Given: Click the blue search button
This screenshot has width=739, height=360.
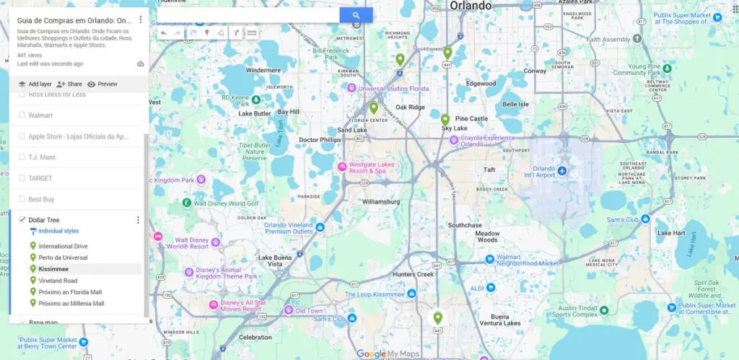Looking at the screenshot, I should click(356, 14).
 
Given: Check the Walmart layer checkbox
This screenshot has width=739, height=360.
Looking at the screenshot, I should click(22, 115).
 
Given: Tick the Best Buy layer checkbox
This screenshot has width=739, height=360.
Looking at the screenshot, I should click(22, 199).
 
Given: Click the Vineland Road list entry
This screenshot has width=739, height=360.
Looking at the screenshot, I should click(58, 281).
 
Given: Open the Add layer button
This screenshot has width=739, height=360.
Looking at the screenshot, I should click(35, 84).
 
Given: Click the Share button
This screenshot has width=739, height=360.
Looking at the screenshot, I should click(69, 84).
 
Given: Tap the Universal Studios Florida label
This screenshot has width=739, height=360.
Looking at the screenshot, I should click(393, 89).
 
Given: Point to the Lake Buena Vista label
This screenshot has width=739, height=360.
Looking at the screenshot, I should click(276, 261).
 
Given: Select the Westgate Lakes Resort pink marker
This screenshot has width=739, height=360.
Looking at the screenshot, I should click(342, 167).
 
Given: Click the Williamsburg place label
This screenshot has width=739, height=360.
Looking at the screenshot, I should click(381, 202).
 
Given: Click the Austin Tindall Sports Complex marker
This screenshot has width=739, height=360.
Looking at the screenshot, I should click(604, 310).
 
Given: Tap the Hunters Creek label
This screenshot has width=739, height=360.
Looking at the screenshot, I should click(414, 274).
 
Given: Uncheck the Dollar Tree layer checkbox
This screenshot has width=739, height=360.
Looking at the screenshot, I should click(22, 220).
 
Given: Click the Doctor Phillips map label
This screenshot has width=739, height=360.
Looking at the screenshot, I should click(320, 140).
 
